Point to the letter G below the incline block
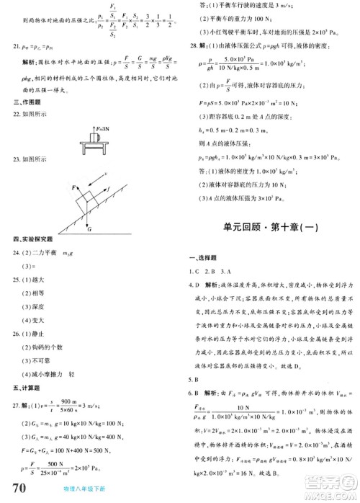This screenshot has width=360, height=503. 89,229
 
